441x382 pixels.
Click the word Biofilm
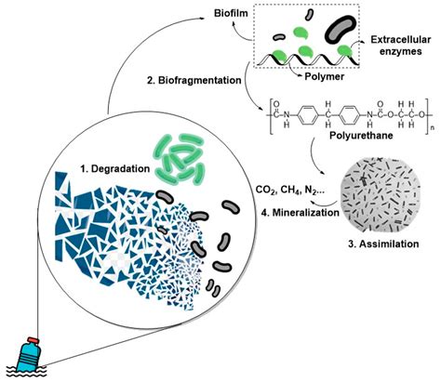231,14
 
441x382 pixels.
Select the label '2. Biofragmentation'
194,80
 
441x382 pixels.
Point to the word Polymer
324,76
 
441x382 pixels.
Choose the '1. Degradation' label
115,169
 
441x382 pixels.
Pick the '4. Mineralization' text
301,213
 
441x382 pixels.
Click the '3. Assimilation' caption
383,244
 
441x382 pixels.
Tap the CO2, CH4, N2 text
290,190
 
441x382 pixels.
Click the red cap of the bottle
33,340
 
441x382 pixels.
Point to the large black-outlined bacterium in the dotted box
341,30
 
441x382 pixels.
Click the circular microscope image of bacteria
380,195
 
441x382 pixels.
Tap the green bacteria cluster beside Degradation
180,160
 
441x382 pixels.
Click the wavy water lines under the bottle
27,372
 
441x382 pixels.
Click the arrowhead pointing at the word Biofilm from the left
202,19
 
